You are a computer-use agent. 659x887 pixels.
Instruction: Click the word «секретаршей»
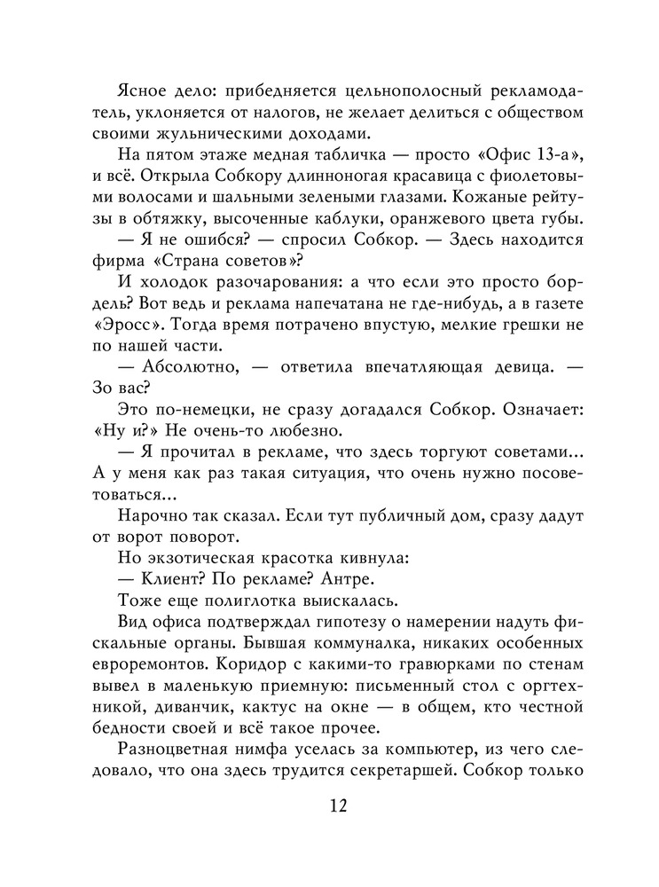pyautogui.click(x=393, y=771)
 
